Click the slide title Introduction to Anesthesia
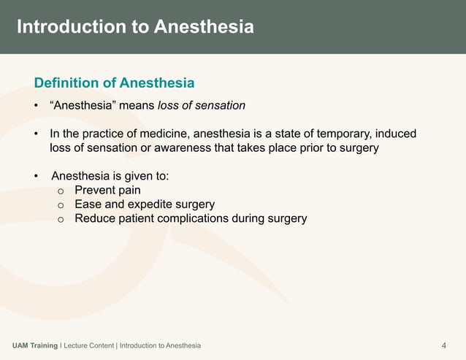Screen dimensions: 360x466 [135, 27]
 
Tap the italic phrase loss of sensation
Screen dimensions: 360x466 [202, 106]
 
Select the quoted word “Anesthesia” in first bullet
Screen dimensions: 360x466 [83, 106]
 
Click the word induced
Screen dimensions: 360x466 [397, 134]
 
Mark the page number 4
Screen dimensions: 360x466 [445, 345]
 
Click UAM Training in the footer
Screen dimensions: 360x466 [35, 345]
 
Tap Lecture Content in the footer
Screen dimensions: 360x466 [88, 345]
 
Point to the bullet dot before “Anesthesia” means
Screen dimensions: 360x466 [36, 107]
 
